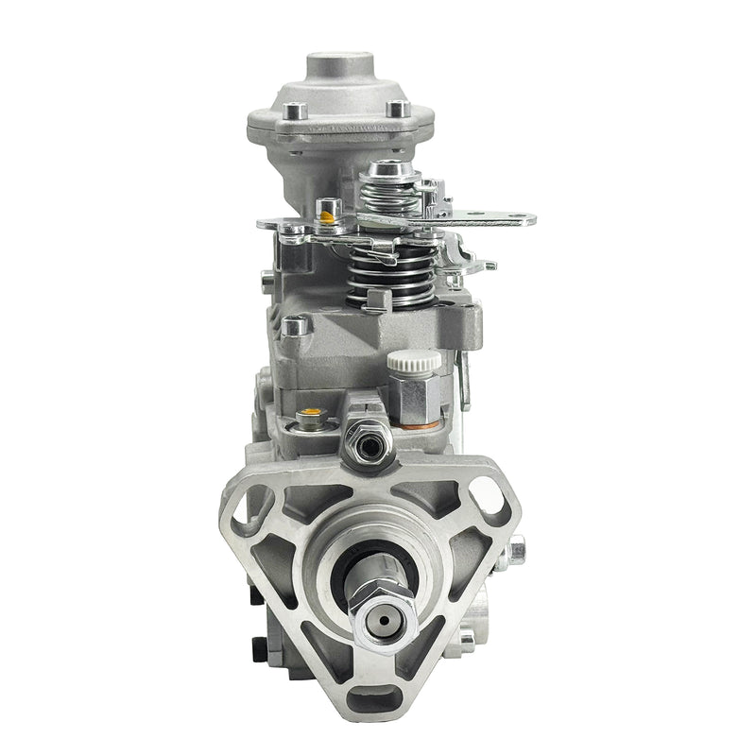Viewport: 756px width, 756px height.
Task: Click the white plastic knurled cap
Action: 414,360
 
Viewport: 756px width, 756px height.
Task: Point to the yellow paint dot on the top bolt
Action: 327,216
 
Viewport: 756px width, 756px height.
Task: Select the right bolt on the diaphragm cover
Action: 400,109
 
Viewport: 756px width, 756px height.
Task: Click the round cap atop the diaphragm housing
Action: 340,69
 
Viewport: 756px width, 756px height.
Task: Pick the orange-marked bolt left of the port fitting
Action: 308,418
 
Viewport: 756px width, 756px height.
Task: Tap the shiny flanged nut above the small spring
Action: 388,172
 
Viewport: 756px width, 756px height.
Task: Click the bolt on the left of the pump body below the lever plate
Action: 296,327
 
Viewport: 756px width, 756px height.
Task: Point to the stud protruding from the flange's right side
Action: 517,550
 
